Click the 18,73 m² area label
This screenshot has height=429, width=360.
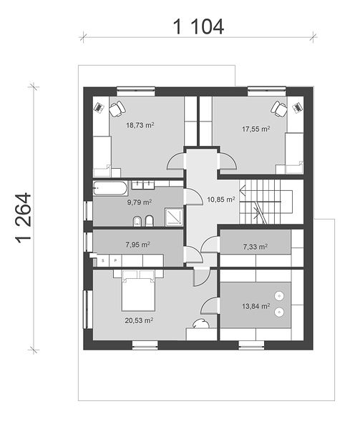click(x=140, y=125)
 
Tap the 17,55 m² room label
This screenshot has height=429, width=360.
click(x=256, y=129)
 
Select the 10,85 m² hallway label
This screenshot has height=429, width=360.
click(x=221, y=199)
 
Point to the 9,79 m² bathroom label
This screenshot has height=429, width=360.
click(x=140, y=202)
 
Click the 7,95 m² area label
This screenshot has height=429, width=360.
click(x=137, y=245)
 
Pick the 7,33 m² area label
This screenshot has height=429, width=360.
click(x=255, y=247)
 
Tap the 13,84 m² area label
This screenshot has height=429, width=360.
click(x=256, y=306)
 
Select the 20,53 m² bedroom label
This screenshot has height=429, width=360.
click(x=139, y=320)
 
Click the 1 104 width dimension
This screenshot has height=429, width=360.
click(x=198, y=27)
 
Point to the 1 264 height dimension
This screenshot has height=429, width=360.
click(x=24, y=219)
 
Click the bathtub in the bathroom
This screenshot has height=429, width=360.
click(x=110, y=188)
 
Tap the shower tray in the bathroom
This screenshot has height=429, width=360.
click(x=174, y=217)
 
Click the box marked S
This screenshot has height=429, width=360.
click(x=103, y=260)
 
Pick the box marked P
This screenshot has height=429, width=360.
click(x=115, y=260)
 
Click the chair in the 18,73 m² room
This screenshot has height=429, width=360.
click(x=117, y=109)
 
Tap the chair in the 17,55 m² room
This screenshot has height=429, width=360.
click(x=279, y=109)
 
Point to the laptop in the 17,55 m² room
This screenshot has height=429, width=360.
click(x=297, y=107)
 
